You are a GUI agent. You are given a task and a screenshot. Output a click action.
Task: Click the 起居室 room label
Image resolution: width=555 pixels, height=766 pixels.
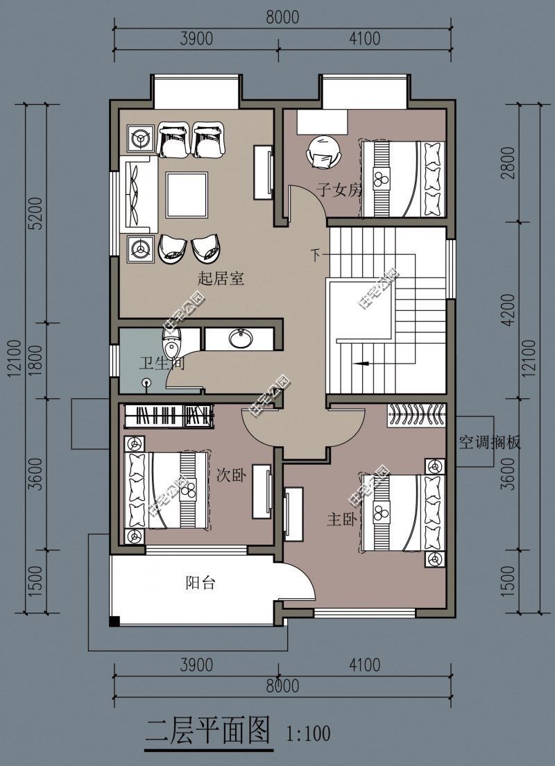pyautogui.click(x=221, y=279)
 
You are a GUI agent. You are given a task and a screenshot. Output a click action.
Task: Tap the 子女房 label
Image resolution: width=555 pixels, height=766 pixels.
pyautogui.click(x=340, y=189)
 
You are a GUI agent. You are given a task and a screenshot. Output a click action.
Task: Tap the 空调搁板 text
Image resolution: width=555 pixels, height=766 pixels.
pyautogui.click(x=489, y=442)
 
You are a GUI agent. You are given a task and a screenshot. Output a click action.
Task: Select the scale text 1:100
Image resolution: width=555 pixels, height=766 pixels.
pyautogui.click(x=308, y=733)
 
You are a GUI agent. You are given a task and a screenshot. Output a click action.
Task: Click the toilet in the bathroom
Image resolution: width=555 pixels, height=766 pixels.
pyautogui.click(x=171, y=341)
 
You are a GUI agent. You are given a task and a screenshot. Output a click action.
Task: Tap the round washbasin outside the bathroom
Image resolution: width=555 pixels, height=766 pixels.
pyautogui.click(x=241, y=340)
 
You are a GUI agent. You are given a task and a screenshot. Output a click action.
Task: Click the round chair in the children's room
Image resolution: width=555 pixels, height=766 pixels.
pyautogui.click(x=323, y=151)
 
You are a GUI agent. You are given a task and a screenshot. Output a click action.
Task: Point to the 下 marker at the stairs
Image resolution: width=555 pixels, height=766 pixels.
pyautogui.click(x=316, y=256)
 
